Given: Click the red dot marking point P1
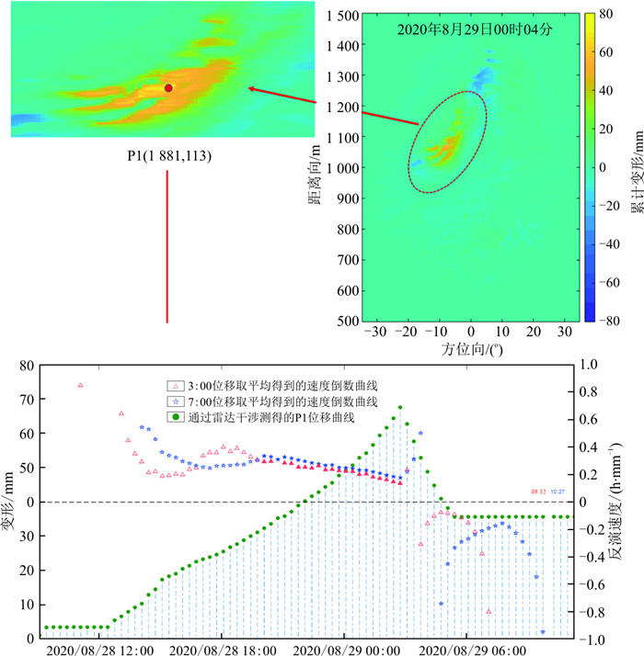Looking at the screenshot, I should pyautogui.click(x=168, y=87).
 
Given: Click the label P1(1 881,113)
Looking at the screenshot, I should pyautogui.click(x=169, y=157).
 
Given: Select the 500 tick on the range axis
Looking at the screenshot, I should pyautogui.click(x=345, y=322).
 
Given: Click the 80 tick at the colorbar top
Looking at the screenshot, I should pyautogui.click(x=604, y=16).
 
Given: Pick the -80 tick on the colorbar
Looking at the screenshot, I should pyautogui.click(x=605, y=322).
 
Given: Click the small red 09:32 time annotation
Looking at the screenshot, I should pyautogui.click(x=538, y=492).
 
